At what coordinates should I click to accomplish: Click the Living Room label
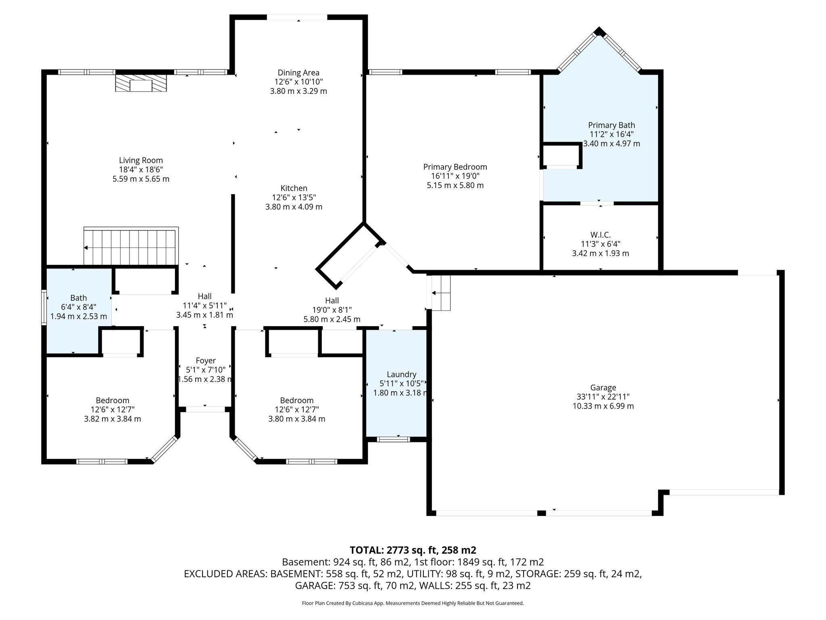141,160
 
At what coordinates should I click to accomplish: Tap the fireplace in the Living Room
141,83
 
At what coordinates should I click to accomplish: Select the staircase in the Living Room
131,246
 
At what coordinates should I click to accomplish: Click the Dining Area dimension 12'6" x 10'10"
298,82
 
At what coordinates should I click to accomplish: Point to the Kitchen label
294,188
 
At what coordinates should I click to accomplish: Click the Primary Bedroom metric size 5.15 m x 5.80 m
455,186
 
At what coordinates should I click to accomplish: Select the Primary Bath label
611,125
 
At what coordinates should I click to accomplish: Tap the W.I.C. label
600,235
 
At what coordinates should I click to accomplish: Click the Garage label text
603,387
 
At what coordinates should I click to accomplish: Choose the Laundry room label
401,374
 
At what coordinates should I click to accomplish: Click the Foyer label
206,360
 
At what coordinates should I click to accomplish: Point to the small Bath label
78,298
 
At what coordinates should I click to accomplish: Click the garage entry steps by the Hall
440,293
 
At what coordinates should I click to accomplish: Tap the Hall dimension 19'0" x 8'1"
332,310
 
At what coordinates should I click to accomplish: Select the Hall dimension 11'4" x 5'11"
204,306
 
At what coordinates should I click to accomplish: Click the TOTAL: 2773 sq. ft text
413,550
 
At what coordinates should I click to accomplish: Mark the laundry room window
393,439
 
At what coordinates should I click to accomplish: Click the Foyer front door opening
205,409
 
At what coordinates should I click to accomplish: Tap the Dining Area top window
297,17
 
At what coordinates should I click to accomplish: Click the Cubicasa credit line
413,603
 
